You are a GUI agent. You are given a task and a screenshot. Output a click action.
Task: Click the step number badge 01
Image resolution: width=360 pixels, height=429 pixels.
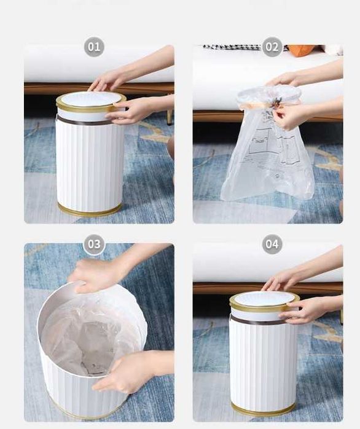point(94,47)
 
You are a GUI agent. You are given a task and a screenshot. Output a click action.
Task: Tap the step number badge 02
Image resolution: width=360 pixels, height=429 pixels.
point(272,47)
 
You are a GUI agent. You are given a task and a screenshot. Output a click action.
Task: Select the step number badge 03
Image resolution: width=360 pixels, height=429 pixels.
point(94,244)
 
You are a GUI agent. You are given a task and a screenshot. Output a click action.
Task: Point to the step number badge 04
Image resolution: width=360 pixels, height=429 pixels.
point(272,244)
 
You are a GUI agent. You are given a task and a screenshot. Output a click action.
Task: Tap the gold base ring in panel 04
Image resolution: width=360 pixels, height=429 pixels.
point(263,410)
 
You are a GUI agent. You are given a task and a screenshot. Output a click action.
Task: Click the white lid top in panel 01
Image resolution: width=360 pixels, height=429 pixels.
point(91,98)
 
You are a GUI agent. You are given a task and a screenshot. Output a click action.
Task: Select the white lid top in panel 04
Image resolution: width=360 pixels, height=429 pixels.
point(264,298)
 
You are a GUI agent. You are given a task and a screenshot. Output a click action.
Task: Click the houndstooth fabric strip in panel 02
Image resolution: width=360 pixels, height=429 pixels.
point(233,47)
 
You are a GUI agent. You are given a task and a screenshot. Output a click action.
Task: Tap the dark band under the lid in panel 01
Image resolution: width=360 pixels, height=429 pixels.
point(82,121)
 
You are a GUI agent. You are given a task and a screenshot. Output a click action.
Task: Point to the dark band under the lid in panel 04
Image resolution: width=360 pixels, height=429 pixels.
point(256,321)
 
